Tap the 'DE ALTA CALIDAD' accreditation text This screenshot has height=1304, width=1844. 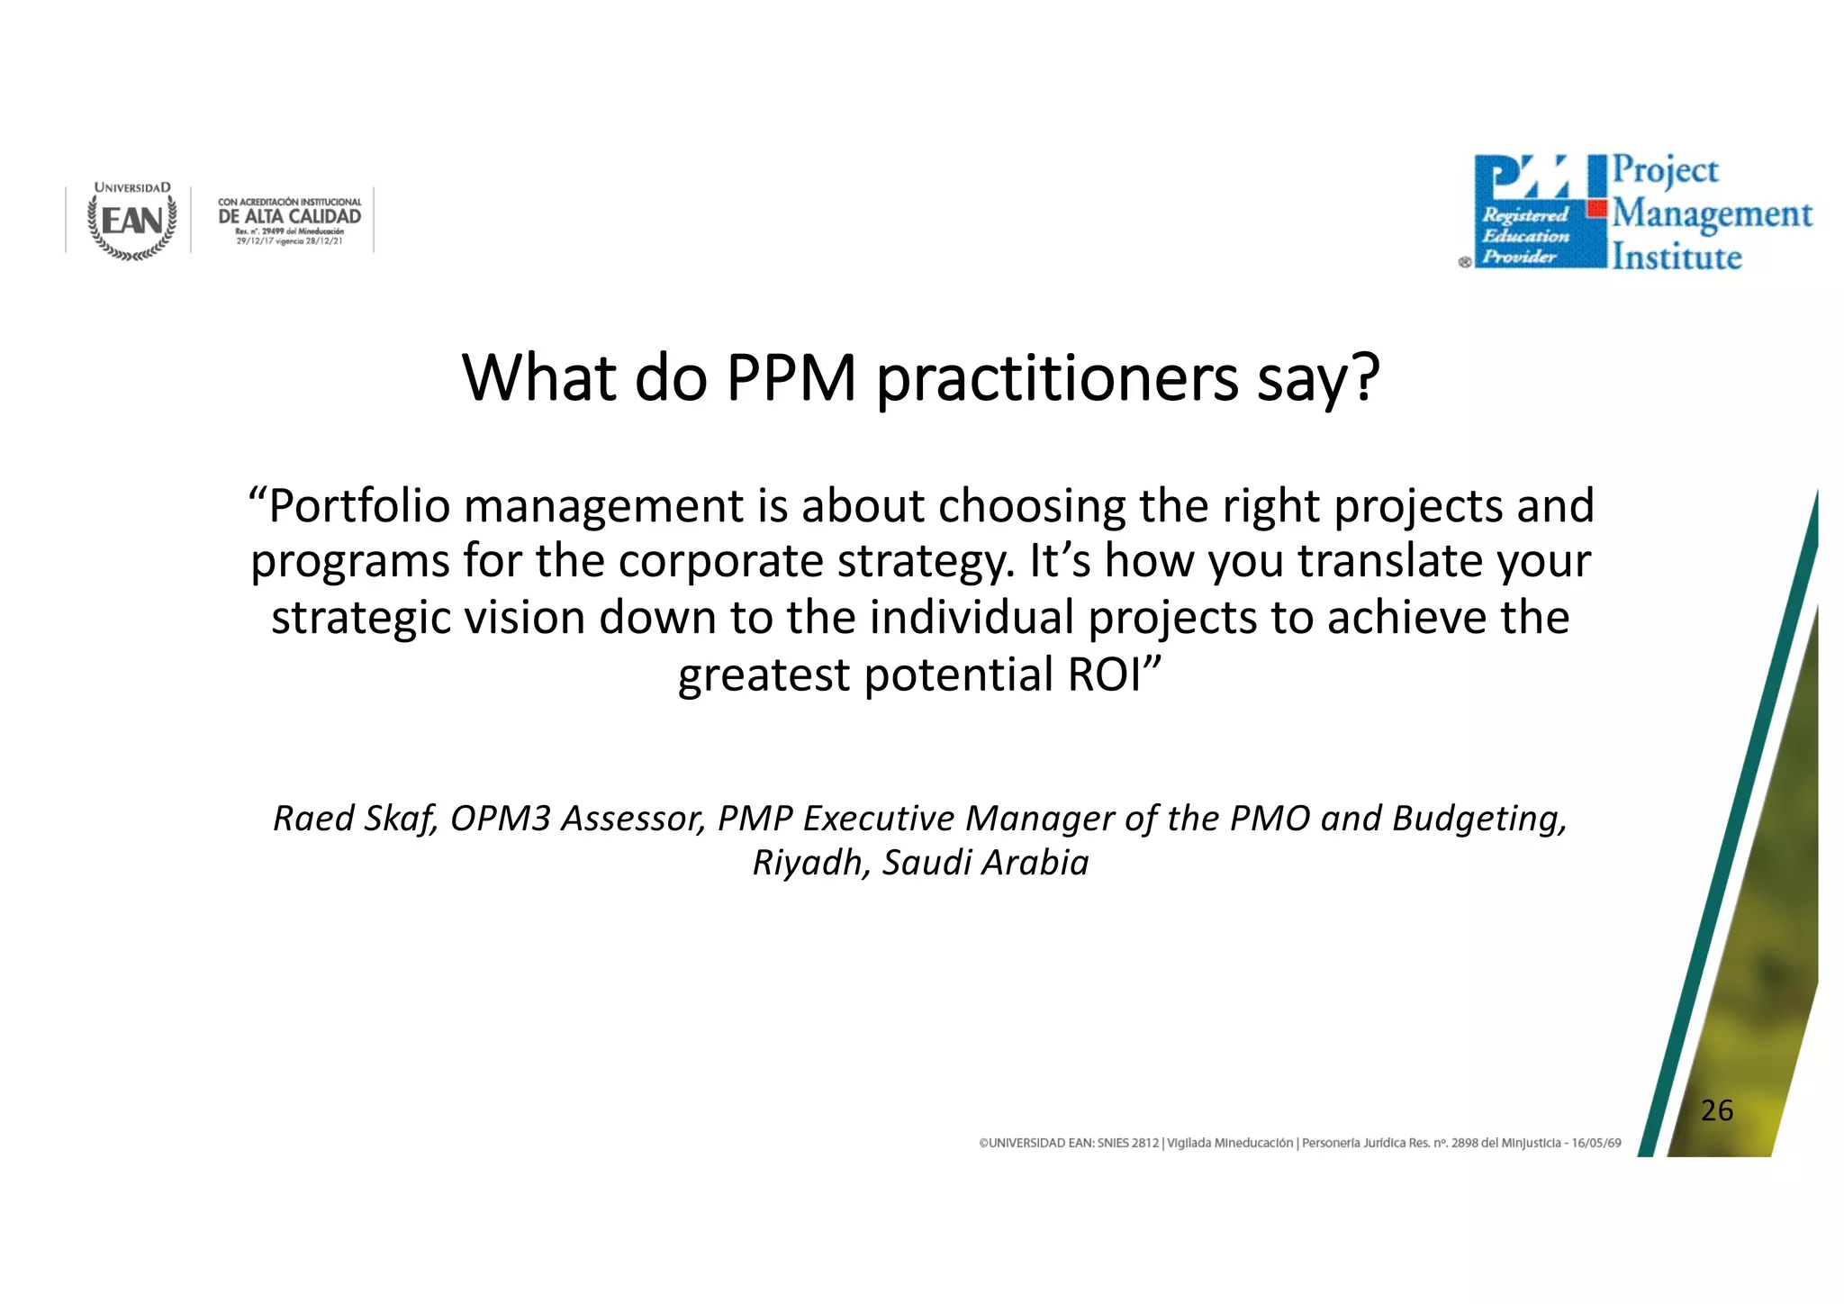point(289,216)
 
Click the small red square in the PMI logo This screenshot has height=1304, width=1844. point(1596,209)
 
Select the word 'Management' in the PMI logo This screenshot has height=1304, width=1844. point(1712,215)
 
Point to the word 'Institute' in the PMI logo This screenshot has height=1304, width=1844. point(1677,258)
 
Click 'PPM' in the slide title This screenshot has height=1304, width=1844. point(791,378)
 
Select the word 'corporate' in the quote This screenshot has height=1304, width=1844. point(720,562)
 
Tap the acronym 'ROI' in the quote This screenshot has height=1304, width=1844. point(1104,675)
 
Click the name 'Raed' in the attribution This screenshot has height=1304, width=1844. point(312,819)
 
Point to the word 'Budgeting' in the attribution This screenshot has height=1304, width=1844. point(1478,819)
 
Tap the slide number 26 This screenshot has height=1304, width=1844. point(1717,1110)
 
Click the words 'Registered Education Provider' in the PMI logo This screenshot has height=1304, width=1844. point(1525,236)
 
